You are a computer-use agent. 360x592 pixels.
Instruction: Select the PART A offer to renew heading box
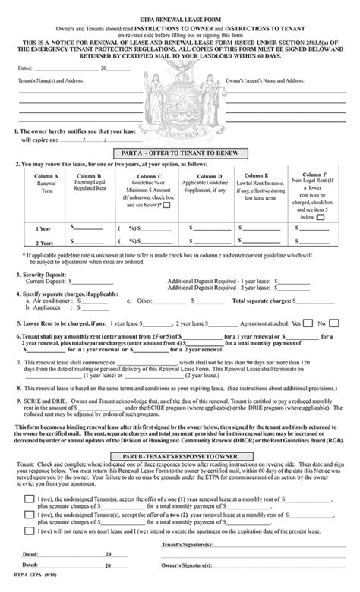click(180, 152)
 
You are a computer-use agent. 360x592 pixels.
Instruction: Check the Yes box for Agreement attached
click(308, 322)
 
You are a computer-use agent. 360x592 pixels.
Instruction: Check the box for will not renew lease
click(27, 534)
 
